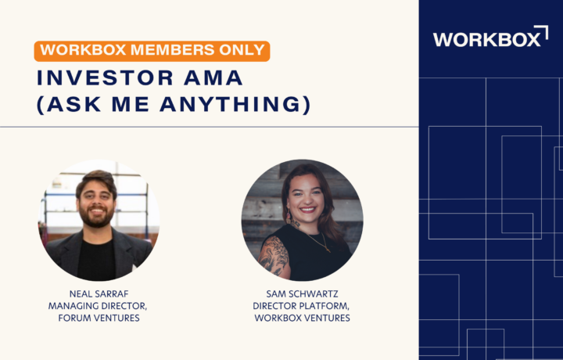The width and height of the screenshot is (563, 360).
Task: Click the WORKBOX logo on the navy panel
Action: (490, 36)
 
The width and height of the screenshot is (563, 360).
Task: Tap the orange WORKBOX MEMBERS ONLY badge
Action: (152, 51)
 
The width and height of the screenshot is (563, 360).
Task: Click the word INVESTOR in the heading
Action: (106, 78)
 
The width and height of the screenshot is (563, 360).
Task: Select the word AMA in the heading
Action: (213, 78)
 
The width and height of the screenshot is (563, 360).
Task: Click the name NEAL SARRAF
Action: (99, 294)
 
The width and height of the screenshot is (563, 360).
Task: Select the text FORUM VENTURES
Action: (99, 318)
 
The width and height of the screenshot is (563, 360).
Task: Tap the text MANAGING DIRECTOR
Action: (97, 306)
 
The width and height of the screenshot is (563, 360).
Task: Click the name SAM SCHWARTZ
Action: (302, 294)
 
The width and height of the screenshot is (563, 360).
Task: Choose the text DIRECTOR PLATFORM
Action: (300, 306)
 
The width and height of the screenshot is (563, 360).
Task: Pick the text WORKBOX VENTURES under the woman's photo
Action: (302, 318)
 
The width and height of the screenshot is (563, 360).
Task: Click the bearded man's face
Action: (96, 203)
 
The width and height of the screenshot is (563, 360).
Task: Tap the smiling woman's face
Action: (306, 197)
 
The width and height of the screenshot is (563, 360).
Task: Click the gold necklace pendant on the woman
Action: (328, 249)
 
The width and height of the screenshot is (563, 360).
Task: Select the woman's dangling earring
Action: (289, 217)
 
